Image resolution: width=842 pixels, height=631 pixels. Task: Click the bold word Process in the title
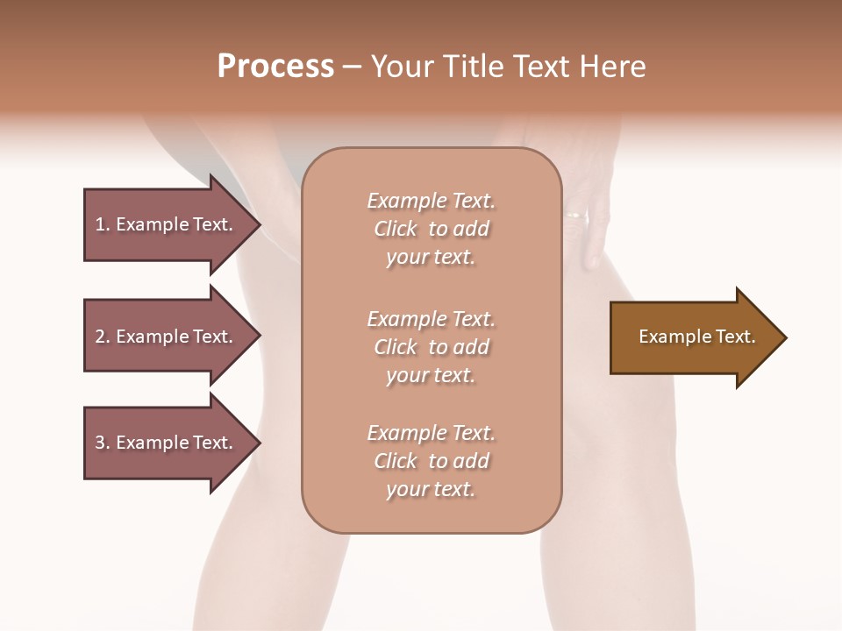pos(275,67)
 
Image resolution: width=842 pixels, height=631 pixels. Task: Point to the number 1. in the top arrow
pos(103,224)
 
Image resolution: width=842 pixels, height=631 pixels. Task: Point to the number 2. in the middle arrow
pos(103,337)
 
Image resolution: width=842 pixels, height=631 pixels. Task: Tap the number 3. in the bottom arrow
pos(103,443)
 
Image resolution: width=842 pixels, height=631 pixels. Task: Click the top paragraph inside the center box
pos(432,229)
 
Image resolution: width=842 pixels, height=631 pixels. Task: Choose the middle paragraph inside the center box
pos(432,346)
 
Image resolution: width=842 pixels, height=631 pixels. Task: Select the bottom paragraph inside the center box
pos(432,461)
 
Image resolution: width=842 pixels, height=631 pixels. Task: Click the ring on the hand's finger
pos(574,214)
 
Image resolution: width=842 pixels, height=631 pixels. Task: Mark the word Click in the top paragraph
pos(396,229)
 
